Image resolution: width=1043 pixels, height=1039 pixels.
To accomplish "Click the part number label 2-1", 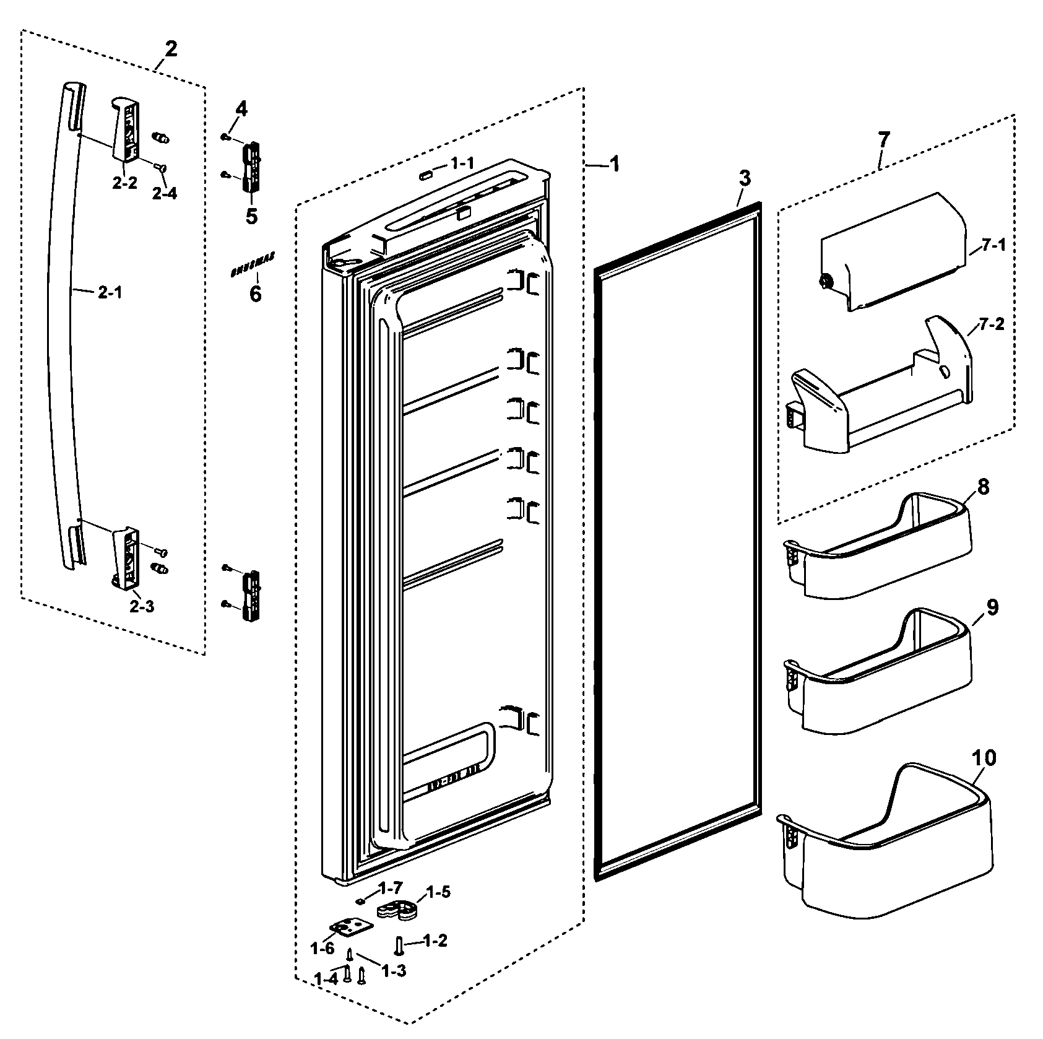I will [110, 293].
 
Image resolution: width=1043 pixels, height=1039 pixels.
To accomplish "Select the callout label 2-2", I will [124, 184].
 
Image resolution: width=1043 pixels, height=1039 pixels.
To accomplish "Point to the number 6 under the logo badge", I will [255, 293].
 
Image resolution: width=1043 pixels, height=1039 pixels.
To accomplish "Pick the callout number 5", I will [251, 217].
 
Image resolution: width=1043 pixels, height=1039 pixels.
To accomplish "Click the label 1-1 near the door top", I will [462, 163].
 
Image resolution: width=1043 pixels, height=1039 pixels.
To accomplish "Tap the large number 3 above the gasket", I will [744, 178].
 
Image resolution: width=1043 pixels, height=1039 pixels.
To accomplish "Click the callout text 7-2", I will [991, 324].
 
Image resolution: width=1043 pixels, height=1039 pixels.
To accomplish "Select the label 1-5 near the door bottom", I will [438, 892].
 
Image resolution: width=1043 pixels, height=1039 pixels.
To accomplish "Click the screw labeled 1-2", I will [399, 945].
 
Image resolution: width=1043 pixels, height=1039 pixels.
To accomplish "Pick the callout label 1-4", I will [326, 979].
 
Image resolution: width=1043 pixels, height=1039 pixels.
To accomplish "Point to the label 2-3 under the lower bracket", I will [142, 606].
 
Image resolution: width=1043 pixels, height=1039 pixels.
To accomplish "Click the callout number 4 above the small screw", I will [241, 110].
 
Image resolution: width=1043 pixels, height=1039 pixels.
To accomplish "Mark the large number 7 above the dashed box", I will [883, 139].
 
